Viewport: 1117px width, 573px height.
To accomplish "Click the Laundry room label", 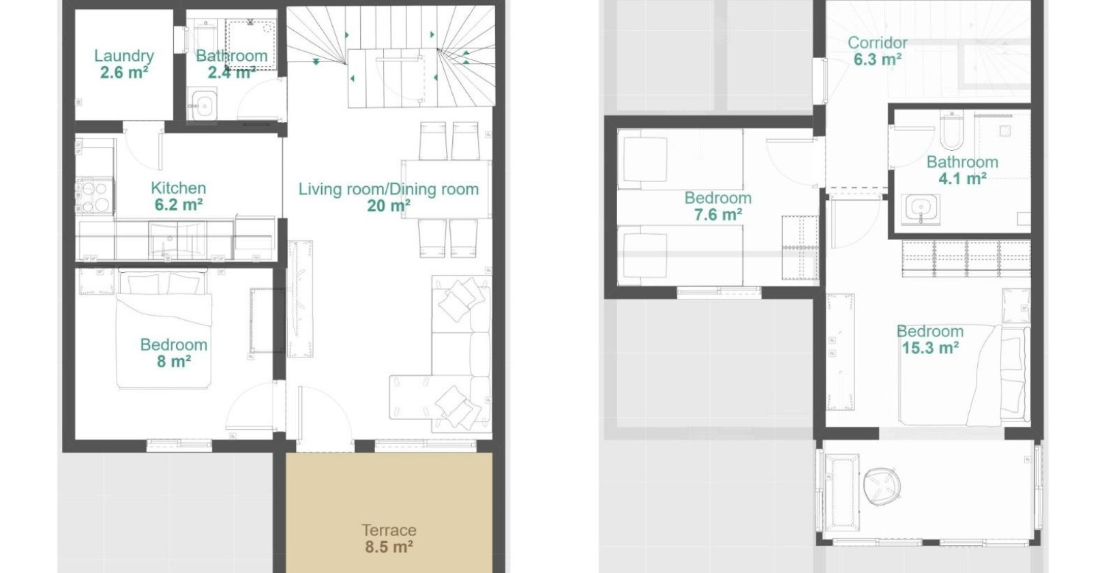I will (x=123, y=56).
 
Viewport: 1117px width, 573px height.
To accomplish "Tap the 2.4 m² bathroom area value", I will (x=231, y=72).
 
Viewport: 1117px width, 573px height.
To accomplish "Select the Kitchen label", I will (x=178, y=188).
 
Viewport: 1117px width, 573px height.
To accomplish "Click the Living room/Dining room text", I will (x=388, y=189).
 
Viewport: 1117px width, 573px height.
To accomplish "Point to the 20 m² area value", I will (x=388, y=206).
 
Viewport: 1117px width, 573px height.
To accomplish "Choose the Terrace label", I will (x=389, y=530).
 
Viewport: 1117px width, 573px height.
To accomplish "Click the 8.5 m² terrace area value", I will (x=389, y=546).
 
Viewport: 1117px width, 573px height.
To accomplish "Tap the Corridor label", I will (x=877, y=42).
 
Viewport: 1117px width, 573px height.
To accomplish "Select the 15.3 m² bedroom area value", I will (x=930, y=348).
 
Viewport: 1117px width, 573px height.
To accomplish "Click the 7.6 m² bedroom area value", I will (x=717, y=214).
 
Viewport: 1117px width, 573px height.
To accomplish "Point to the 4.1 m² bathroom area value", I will (x=962, y=179).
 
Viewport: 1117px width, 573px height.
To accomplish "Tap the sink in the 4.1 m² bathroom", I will (x=921, y=209).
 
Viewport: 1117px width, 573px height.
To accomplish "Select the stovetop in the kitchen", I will (x=95, y=196).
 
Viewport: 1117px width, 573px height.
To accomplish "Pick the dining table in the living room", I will (x=446, y=189).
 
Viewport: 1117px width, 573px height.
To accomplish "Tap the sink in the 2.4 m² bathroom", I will (x=203, y=106).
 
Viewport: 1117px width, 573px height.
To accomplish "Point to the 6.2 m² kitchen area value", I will (x=178, y=205).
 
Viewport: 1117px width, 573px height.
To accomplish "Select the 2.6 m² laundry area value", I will (x=123, y=72).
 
